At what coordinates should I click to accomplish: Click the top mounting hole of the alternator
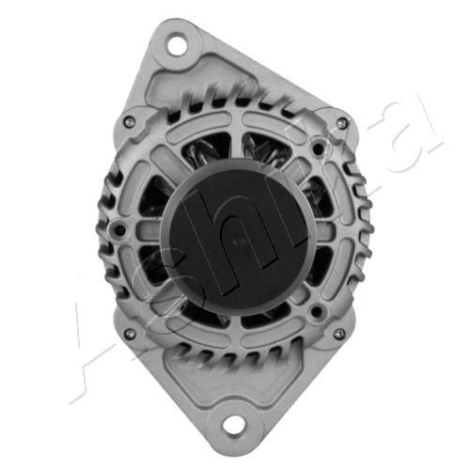point(177,43)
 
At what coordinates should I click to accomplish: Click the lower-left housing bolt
point(128,334)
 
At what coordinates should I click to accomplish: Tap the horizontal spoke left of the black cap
point(150,232)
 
